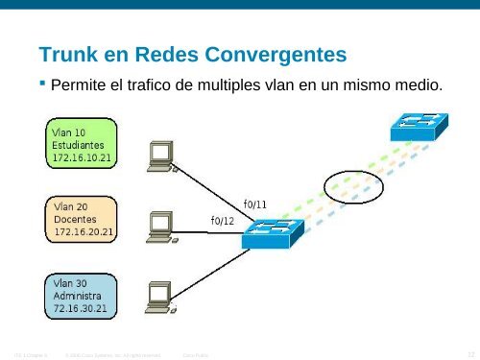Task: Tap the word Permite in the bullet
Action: click(78, 85)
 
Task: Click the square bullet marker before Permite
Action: click(42, 84)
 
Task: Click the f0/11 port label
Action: click(254, 204)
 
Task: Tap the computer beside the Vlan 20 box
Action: click(158, 226)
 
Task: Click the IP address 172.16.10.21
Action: click(84, 156)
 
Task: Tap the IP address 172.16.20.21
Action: click(84, 232)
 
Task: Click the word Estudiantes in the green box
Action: click(79, 144)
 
